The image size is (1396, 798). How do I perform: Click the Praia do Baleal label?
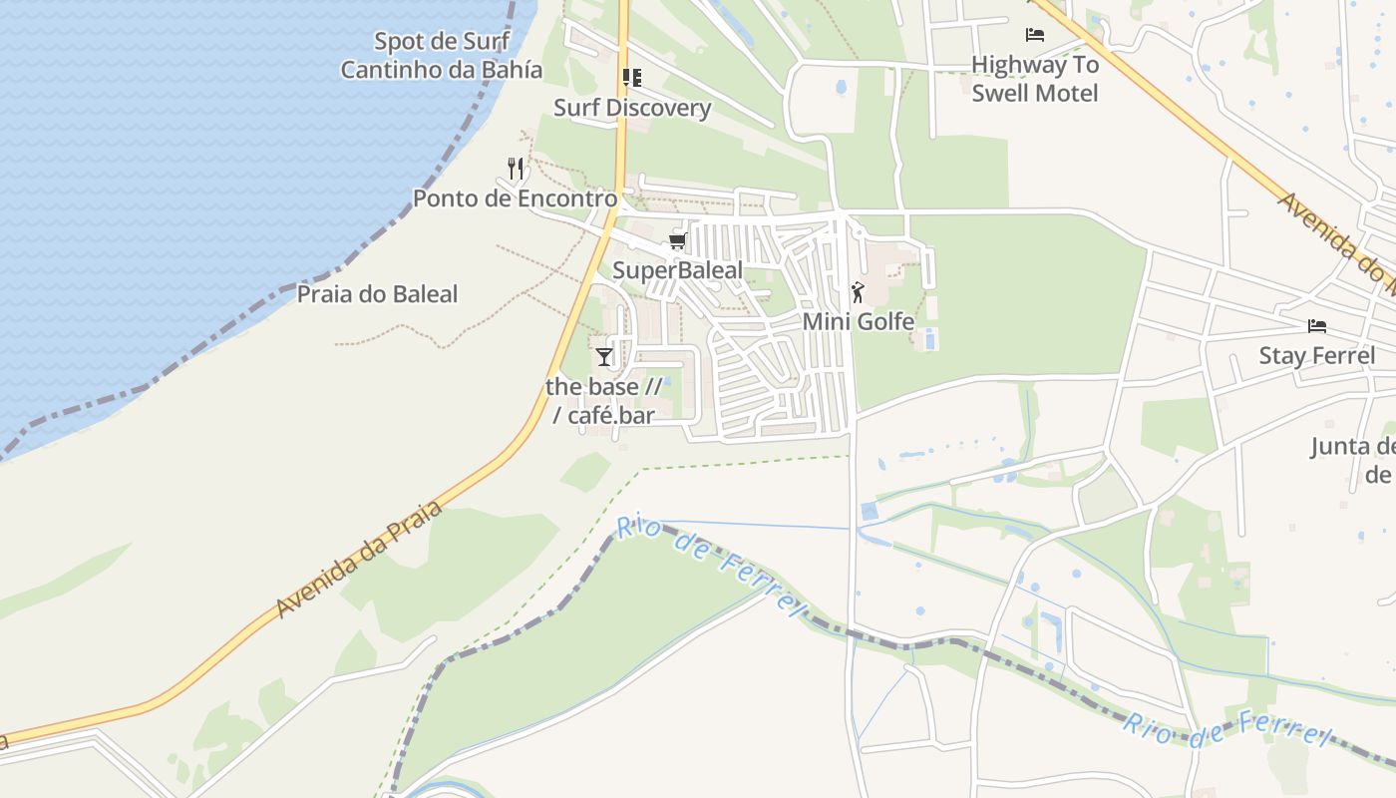pyautogui.click(x=377, y=294)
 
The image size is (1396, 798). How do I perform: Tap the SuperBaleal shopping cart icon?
pyautogui.click(x=678, y=241)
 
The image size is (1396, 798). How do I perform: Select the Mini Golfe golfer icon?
pyautogui.click(x=858, y=292)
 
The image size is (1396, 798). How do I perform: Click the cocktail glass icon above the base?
pyautogui.click(x=604, y=356)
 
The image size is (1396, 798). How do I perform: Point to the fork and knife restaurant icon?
pyautogui.click(x=516, y=168)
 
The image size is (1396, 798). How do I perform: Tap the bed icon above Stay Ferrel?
pyautogui.click(x=1317, y=326)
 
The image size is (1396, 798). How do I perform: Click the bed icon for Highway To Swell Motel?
pyautogui.click(x=1035, y=35)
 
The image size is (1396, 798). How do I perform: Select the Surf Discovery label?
pyautogui.click(x=632, y=108)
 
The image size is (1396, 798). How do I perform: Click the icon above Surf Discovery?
pyautogui.click(x=631, y=77)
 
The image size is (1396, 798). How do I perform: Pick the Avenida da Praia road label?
pyautogui.click(x=359, y=560)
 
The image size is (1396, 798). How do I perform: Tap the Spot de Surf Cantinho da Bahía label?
pyautogui.click(x=442, y=56)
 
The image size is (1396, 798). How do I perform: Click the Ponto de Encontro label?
pyautogui.click(x=516, y=199)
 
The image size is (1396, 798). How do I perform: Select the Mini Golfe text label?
pyautogui.click(x=859, y=321)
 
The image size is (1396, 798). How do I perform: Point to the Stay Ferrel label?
pyautogui.click(x=1316, y=356)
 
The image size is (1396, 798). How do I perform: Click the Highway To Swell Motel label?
pyautogui.click(x=1035, y=79)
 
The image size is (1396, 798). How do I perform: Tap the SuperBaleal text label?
pyautogui.click(x=677, y=270)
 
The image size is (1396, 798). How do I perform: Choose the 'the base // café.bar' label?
pyautogui.click(x=604, y=400)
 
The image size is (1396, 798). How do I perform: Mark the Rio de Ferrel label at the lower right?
pyautogui.click(x=1226, y=730)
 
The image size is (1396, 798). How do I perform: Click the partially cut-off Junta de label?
pyautogui.click(x=1354, y=460)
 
